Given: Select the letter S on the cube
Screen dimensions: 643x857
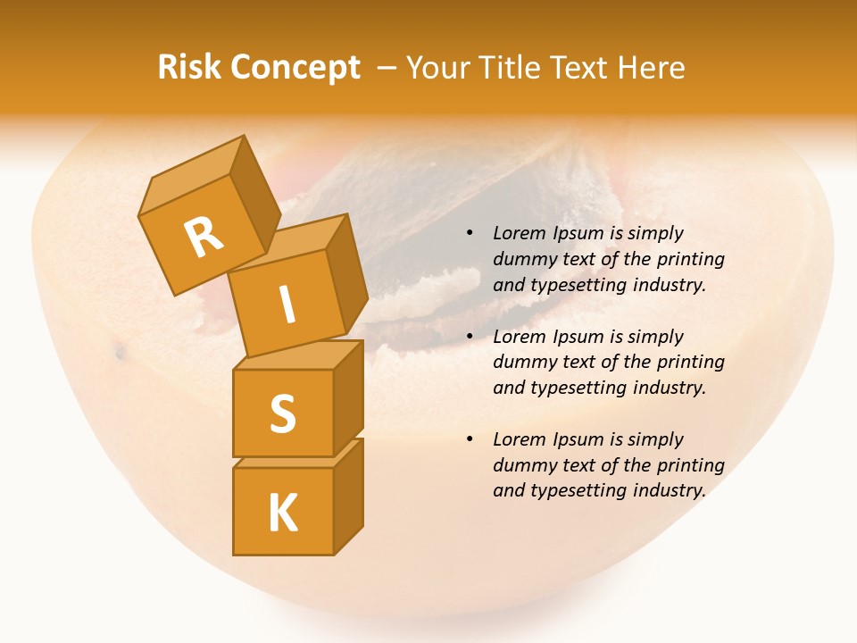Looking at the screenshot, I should click(282, 413).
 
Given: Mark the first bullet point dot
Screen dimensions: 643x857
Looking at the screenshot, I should click(470, 233).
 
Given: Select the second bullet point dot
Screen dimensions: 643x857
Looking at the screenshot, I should click(470, 337).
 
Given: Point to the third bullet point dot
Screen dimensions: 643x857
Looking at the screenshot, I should click(470, 439).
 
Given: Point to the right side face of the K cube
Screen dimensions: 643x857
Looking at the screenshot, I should click(348, 496).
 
